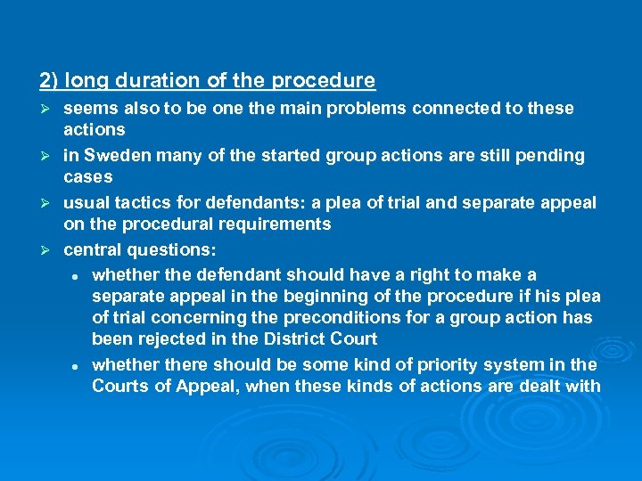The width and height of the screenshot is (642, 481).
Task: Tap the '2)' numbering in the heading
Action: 49,81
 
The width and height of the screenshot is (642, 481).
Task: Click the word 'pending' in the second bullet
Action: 554,155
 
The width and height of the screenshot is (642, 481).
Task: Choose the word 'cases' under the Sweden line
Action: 87,176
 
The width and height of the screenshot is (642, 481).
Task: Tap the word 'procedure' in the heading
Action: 323,81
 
